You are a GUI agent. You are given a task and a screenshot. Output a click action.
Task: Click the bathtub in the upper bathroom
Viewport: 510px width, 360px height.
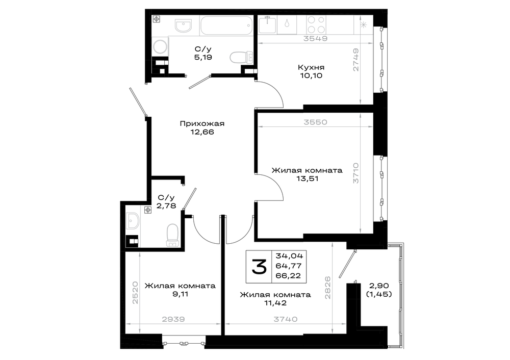coord(226,25)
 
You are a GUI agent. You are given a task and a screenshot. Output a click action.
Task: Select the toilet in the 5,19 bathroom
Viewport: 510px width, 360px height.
coord(241,58)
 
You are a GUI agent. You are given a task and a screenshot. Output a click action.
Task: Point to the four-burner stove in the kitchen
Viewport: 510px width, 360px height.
coord(316,24)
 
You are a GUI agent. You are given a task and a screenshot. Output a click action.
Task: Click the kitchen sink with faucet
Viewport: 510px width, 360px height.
coord(268,24)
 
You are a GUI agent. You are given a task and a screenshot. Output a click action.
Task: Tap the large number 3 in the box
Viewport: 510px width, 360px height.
coord(259,266)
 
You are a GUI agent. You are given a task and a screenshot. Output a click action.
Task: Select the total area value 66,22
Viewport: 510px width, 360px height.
coord(288,276)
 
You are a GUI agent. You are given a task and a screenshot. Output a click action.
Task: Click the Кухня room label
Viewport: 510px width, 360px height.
coord(311,67)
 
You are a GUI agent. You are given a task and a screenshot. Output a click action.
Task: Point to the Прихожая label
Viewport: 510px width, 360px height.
coord(202,123)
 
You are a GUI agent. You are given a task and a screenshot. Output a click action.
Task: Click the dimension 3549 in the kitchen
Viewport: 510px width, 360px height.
coord(315,38)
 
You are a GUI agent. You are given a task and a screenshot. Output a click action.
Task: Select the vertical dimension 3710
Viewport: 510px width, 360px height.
coord(356,173)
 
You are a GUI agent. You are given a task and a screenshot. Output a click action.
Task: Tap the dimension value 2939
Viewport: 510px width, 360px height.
coord(173,319)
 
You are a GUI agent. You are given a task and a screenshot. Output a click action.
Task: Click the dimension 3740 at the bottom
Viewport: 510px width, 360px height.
coord(285,319)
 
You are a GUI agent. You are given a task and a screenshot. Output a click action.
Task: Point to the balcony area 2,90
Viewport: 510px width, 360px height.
coord(379,286)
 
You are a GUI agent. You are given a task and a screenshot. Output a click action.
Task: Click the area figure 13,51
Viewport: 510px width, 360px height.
coord(307,178)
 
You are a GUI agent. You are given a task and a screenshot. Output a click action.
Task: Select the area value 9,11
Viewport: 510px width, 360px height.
coord(180,294)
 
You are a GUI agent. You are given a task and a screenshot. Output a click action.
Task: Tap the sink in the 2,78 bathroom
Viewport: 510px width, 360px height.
coord(133,221)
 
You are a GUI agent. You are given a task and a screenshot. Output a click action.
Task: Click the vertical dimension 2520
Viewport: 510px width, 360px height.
coord(135,293)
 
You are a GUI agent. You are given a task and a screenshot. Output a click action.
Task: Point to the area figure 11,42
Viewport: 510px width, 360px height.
coord(275,303)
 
